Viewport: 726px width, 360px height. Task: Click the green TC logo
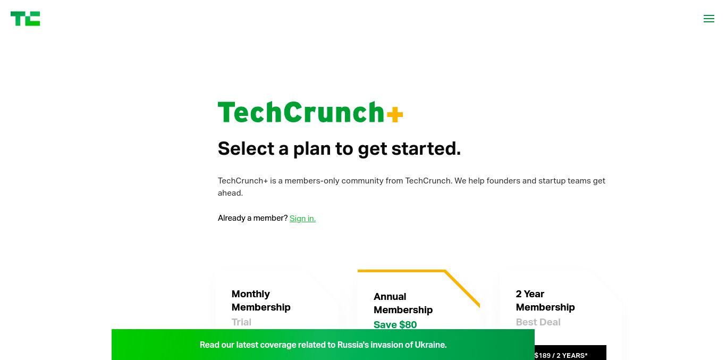coord(26,19)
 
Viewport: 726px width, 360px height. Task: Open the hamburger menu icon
coord(709,19)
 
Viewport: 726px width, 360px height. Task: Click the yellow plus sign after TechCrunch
coord(395,114)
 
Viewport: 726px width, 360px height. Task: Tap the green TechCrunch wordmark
coord(301,112)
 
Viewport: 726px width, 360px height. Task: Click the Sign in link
coord(302,218)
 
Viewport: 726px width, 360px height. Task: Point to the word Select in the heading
coord(246,148)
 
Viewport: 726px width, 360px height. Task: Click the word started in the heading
coord(426,148)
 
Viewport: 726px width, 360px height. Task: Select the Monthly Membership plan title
coord(261,300)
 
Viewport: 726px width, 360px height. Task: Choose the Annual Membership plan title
coord(403,303)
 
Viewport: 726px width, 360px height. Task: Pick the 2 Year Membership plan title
coord(545,300)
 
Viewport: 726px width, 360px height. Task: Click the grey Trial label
coord(241,322)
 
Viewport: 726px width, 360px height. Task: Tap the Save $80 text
coord(395,325)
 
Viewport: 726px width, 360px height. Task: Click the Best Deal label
coord(538,322)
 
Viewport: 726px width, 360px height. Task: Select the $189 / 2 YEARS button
coord(570,353)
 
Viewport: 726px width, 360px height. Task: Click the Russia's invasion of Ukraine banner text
coord(323,345)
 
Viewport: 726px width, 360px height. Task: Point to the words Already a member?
coord(253,218)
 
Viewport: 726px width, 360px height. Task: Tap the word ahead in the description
coord(230,193)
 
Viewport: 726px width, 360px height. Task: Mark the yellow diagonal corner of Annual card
coord(462,288)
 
